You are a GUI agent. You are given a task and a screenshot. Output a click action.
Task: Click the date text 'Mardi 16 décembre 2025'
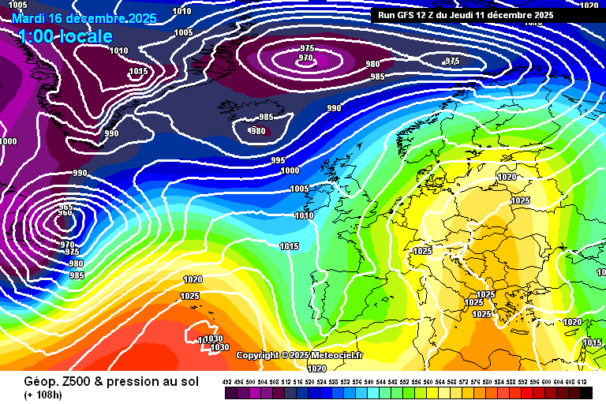pyautogui.click(x=84, y=17)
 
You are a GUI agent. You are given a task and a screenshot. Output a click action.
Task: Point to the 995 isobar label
pyautogui.click(x=279, y=160)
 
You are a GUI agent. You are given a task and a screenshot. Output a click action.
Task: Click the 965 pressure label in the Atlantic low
pyautogui.click(x=65, y=207)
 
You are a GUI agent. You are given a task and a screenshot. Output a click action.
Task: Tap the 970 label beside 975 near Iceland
pyautogui.click(x=306, y=58)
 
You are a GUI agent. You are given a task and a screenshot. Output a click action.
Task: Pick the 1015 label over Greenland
pyautogui.click(x=138, y=71)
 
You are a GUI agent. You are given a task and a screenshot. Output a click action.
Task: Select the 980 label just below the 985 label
pyautogui.click(x=257, y=131)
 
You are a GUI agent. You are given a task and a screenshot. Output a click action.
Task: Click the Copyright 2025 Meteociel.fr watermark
pyautogui.click(x=300, y=356)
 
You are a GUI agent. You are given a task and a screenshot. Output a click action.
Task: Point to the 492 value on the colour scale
pyautogui.click(x=227, y=382)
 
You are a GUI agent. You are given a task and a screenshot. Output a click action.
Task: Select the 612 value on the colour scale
pyautogui.click(x=582, y=382)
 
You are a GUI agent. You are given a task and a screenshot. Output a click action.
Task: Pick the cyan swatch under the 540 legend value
pyautogui.click(x=369, y=392)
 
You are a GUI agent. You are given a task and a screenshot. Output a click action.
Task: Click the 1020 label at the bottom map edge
pyautogui.click(x=316, y=368)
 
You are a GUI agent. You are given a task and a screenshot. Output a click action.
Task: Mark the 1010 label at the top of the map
pyautogui.click(x=181, y=11)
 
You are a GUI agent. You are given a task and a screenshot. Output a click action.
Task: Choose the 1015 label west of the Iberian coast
pyautogui.click(x=289, y=246)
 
